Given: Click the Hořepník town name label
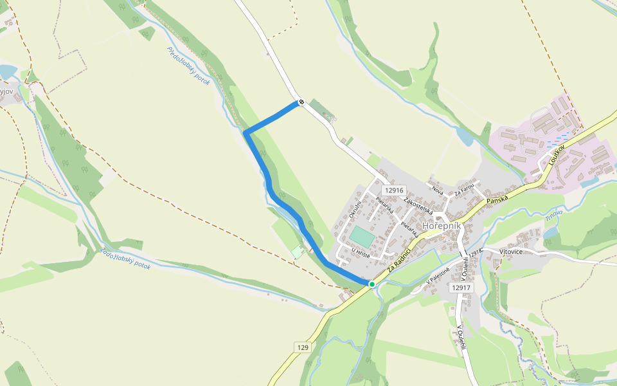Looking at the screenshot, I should coord(442,226).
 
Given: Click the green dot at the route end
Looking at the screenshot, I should coord(371,284).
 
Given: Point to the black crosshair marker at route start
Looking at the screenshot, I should coord(300,102).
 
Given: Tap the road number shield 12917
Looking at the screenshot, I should coord(462,288).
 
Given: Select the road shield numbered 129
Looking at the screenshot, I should coord(303,347).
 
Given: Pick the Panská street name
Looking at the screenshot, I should coord(497,200).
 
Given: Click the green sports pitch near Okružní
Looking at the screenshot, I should coord(362,235).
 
